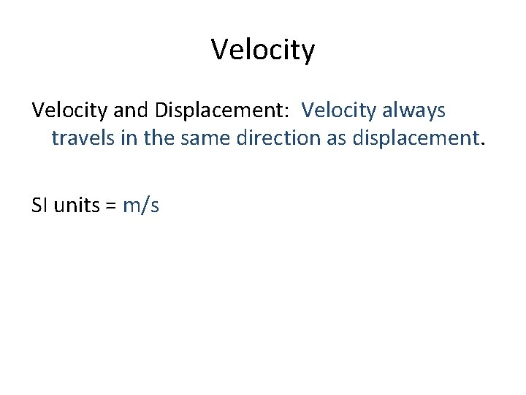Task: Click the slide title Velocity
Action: point(263,50)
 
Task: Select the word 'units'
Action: point(77,206)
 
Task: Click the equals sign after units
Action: point(111,207)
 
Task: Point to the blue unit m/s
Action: point(141,206)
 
